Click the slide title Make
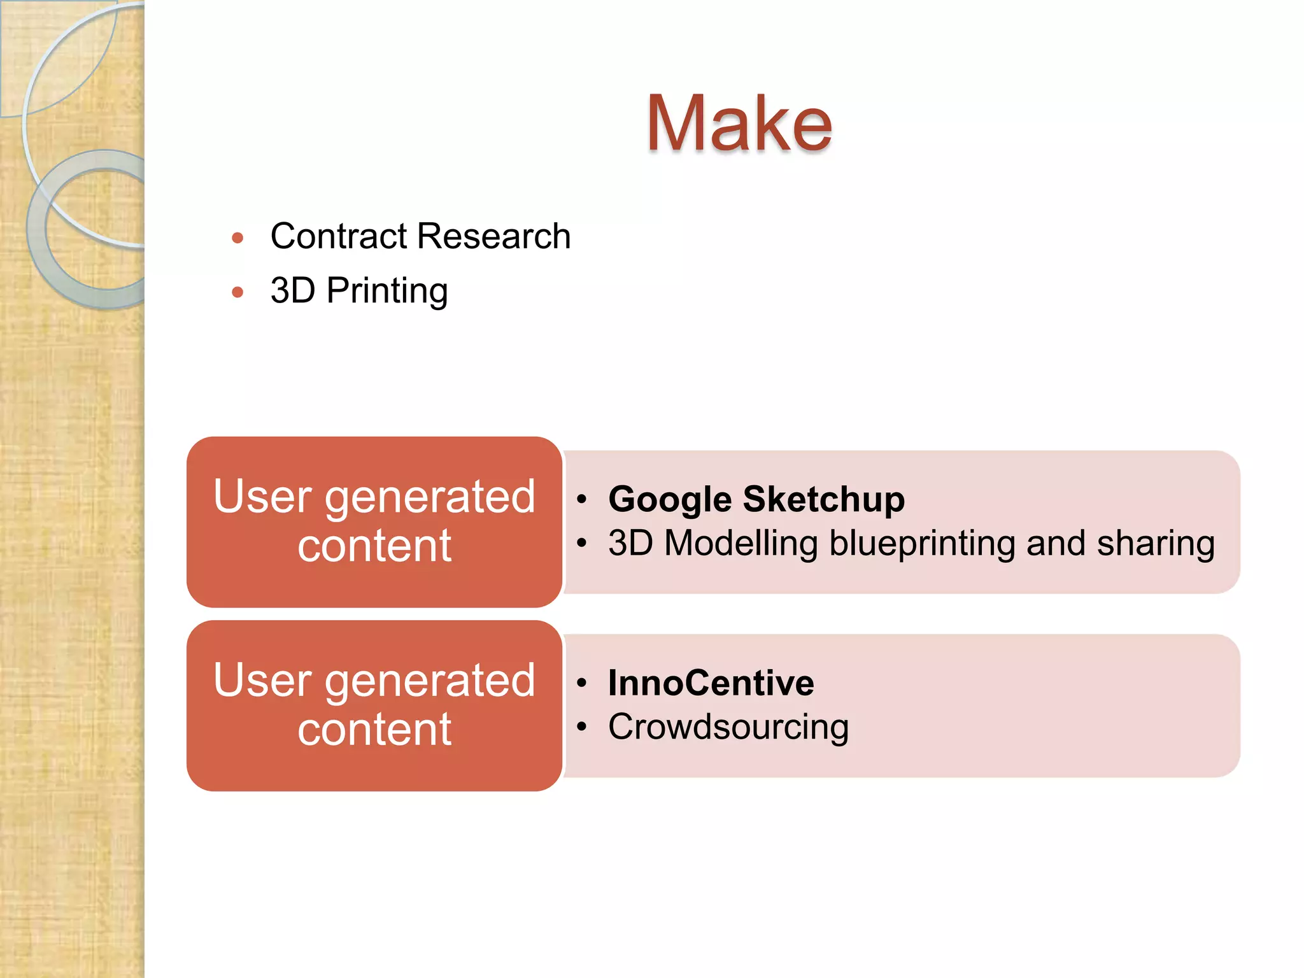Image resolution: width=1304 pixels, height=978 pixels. tap(739, 124)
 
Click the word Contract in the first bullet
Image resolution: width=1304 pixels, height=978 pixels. tap(338, 236)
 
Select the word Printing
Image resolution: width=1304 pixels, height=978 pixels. tap(386, 292)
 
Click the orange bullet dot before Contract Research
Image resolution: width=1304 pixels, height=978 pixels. tap(237, 239)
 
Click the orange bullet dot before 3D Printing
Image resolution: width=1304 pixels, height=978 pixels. tap(237, 293)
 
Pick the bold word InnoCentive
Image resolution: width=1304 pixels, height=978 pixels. tap(711, 683)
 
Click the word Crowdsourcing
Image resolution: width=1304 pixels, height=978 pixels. tap(728, 727)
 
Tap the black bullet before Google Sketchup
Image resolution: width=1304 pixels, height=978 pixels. tap(581, 499)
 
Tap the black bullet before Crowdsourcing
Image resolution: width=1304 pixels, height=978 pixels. tap(581, 726)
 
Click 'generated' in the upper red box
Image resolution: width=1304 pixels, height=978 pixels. tap(430, 497)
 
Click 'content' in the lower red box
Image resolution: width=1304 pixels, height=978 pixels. tap(374, 729)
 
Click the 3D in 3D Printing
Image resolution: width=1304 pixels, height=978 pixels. tap(292, 291)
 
